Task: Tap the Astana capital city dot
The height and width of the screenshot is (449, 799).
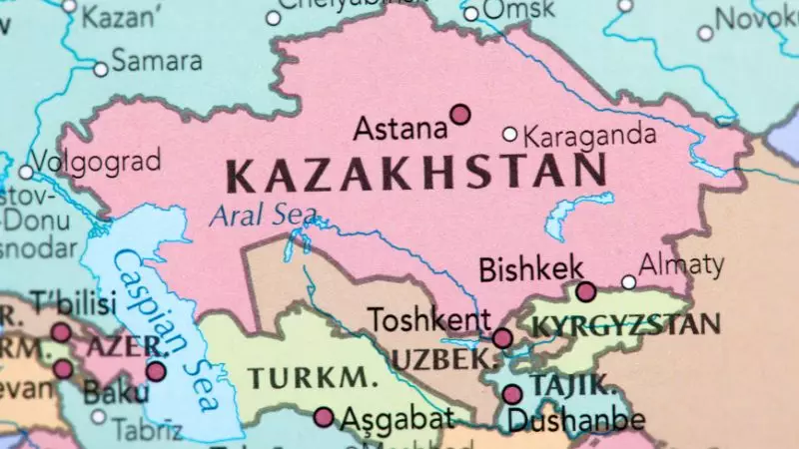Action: (x=459, y=115)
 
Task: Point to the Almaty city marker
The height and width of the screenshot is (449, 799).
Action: (x=628, y=282)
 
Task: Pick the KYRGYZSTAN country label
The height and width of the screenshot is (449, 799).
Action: (x=626, y=324)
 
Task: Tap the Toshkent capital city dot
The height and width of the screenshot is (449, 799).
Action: (x=502, y=338)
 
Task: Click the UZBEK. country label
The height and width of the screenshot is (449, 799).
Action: (x=444, y=358)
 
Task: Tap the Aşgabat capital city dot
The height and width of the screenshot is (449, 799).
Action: (x=324, y=417)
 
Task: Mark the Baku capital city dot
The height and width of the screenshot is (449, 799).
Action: (x=156, y=371)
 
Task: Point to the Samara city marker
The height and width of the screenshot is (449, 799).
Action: (x=100, y=69)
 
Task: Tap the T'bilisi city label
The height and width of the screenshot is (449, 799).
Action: (x=74, y=302)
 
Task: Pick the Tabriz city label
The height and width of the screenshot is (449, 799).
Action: (x=147, y=430)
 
